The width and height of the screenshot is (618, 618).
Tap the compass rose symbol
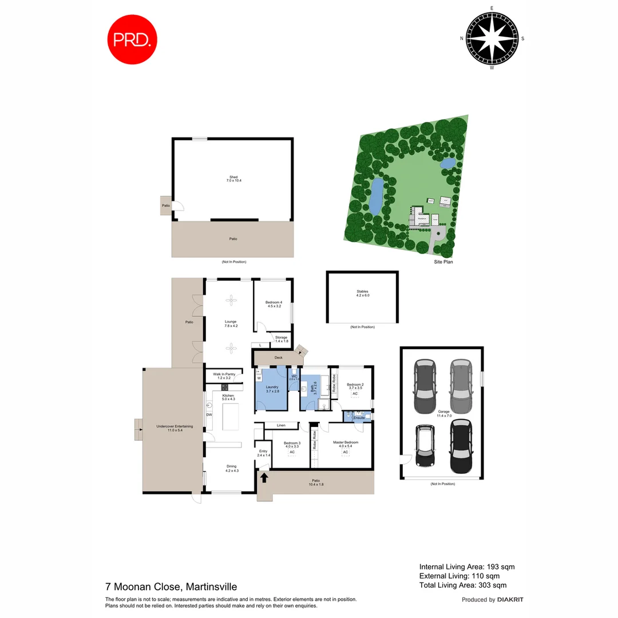[492, 38]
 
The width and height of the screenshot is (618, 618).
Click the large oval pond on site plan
[376, 196]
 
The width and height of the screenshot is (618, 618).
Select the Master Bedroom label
[346, 443]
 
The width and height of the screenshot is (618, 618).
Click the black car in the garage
[462, 446]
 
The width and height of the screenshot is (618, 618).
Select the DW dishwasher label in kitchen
[209, 415]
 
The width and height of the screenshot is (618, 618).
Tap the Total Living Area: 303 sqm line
[462, 585]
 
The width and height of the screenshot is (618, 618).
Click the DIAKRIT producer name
[510, 600]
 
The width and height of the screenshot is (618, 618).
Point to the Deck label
[279, 358]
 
